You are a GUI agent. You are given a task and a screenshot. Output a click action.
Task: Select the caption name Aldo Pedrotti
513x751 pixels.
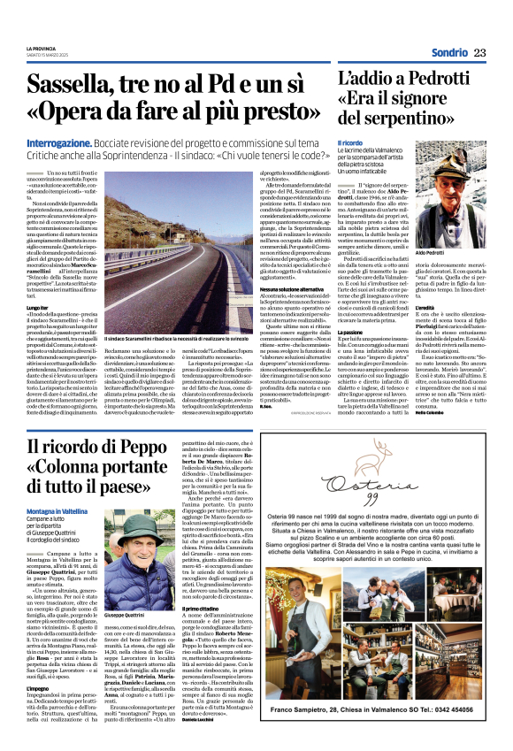point(442,228)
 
